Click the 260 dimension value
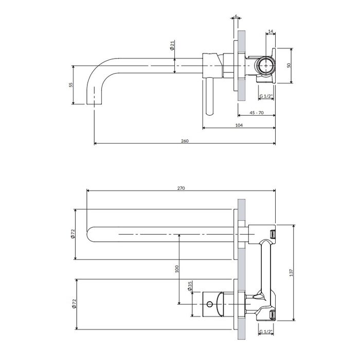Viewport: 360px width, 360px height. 185,141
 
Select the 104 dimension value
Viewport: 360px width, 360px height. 239,125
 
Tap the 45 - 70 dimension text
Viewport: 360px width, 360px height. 257,113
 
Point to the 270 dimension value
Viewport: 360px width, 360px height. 181,188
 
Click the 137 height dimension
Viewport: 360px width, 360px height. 292,273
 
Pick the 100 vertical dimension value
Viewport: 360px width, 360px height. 177,269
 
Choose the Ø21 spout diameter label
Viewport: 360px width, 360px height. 172,45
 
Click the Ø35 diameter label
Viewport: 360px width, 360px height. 190,286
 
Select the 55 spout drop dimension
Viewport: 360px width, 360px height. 71,85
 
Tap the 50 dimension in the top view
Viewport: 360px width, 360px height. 289,65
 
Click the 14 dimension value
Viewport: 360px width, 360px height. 271,31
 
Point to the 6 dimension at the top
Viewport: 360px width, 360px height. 236,16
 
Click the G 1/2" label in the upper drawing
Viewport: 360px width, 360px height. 266,96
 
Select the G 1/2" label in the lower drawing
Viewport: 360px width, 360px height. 266,332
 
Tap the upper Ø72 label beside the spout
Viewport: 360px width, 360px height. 73,234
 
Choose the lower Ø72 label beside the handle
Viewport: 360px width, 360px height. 74,304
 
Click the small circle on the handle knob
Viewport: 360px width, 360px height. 209,304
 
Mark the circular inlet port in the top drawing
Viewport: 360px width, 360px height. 266,65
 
